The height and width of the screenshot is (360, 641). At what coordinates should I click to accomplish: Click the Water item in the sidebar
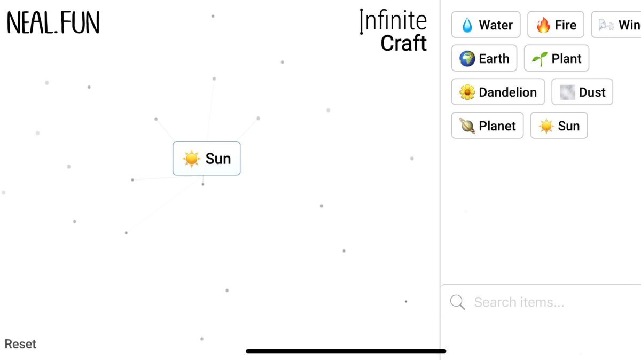click(x=486, y=25)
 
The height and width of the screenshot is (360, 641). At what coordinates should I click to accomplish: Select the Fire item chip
click(x=556, y=25)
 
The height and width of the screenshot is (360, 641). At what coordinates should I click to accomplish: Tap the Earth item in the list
click(x=484, y=59)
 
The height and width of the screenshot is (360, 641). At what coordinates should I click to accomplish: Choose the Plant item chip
click(x=556, y=59)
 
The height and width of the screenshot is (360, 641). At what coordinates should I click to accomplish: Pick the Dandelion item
click(x=497, y=92)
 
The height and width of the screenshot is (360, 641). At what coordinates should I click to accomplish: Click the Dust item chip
click(x=582, y=92)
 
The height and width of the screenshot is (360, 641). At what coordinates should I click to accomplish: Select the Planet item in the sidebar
click(x=487, y=126)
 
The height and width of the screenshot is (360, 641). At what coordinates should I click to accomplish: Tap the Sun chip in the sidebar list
click(x=559, y=126)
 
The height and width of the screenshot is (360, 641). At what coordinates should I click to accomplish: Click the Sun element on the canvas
click(x=207, y=159)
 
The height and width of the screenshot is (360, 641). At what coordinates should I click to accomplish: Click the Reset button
click(x=20, y=344)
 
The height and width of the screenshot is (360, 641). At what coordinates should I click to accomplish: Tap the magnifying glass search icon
click(x=458, y=302)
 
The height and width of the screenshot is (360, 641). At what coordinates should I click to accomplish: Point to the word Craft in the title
click(x=403, y=43)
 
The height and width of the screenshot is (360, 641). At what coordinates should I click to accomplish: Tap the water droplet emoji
click(x=467, y=26)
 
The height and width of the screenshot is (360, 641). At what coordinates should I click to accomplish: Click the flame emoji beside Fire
click(x=543, y=25)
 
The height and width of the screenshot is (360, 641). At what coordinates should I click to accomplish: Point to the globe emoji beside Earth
click(x=467, y=59)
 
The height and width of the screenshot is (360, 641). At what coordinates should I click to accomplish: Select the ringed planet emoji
click(x=467, y=126)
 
